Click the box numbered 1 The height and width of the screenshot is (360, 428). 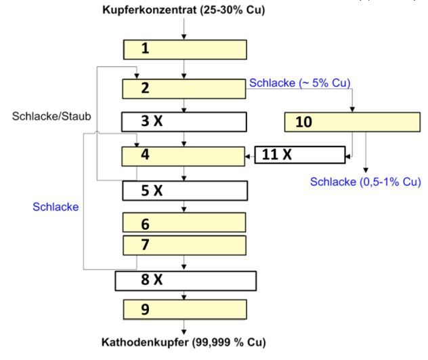click(184, 49)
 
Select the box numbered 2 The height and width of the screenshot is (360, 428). click(184, 88)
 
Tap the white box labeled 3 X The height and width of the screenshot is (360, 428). click(184, 121)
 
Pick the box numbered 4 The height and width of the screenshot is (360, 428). click(184, 156)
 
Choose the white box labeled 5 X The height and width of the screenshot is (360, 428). click(184, 191)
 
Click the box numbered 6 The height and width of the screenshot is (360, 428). click(184, 223)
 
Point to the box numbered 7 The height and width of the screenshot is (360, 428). click(184, 245)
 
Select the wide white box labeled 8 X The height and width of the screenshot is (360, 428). click(186, 281)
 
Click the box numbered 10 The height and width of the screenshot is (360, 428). click(352, 122)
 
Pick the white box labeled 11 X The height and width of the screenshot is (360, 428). click(299, 155)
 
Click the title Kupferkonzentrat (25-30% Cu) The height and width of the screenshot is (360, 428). click(184, 10)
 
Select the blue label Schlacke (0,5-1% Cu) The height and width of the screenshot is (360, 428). click(366, 182)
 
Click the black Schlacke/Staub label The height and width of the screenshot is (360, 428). click(51, 117)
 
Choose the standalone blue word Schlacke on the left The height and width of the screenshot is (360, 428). click(56, 207)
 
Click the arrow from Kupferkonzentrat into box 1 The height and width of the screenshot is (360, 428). click(184, 28)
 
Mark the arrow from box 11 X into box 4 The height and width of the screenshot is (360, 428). click(249, 155)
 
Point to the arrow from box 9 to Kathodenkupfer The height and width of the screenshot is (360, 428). click(184, 326)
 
